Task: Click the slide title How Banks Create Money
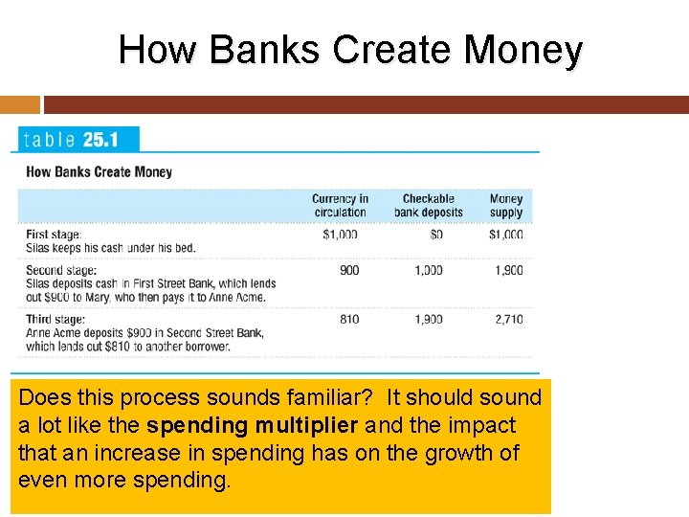349,50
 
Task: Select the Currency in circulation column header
340,206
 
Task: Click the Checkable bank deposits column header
428,206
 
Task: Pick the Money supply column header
506,206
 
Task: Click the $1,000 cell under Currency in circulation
340,235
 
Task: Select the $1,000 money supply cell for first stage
506,235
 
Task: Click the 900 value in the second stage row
349,270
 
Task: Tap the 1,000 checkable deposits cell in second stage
428,270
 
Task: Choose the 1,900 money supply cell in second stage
508,270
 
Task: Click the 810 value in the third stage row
349,319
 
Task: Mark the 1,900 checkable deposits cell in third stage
428,319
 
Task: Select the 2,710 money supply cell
508,319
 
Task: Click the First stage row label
54,235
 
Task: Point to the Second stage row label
61,270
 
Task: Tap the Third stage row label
56,319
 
